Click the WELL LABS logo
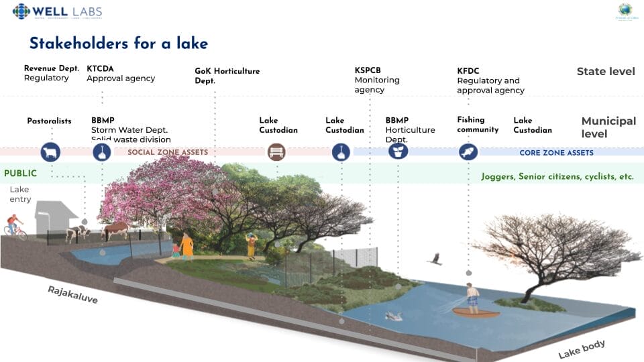coord(57,11)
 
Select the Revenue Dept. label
coord(52,68)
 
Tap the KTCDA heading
coord(101,68)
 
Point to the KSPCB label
coord(368,70)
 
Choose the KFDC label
coord(468,71)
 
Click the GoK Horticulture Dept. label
coord(227,71)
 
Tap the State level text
coord(605,71)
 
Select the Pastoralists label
coord(49,121)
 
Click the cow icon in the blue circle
coord(50,152)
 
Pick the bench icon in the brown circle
coord(276,152)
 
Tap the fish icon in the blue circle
coord(468,152)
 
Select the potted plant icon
coord(398,152)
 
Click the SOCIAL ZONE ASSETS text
coord(167,153)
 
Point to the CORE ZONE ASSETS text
coord(556,153)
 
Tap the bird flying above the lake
coord(435,259)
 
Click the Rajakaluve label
coord(72,294)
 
